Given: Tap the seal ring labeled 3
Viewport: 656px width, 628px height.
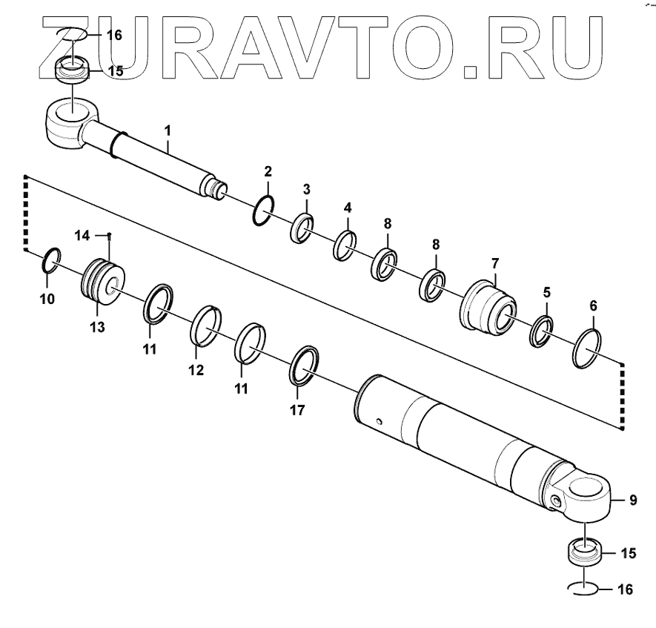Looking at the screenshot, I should pos(302,228).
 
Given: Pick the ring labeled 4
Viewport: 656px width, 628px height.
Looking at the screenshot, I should pos(344,246).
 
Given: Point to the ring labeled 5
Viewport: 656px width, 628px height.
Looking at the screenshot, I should pos(542,331).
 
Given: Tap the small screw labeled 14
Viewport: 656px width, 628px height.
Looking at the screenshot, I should pos(110,237).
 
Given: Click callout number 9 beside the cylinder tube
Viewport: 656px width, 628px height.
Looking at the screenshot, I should pos(633,500).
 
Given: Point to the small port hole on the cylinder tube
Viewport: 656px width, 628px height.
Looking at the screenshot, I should pos(379,423).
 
